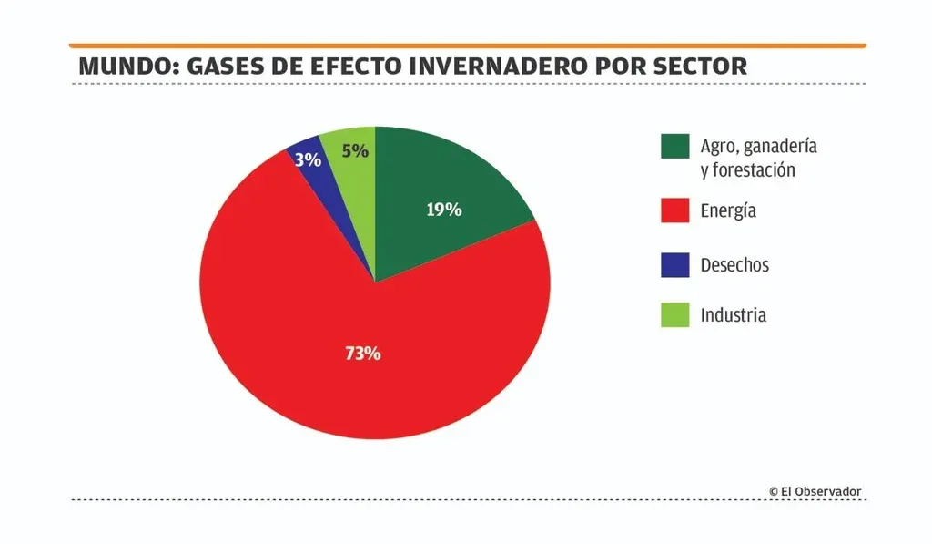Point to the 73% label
click(362, 354)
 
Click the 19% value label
click(444, 210)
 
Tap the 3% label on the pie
click(308, 160)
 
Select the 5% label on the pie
click(355, 150)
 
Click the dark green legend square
click(674, 147)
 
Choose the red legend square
click(674, 210)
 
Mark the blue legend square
click(674, 265)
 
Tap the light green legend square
click(674, 315)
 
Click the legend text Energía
click(728, 211)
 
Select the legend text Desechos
click(734, 265)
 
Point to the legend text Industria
click(733, 315)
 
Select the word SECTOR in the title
click(701, 67)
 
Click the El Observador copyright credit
click(815, 491)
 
